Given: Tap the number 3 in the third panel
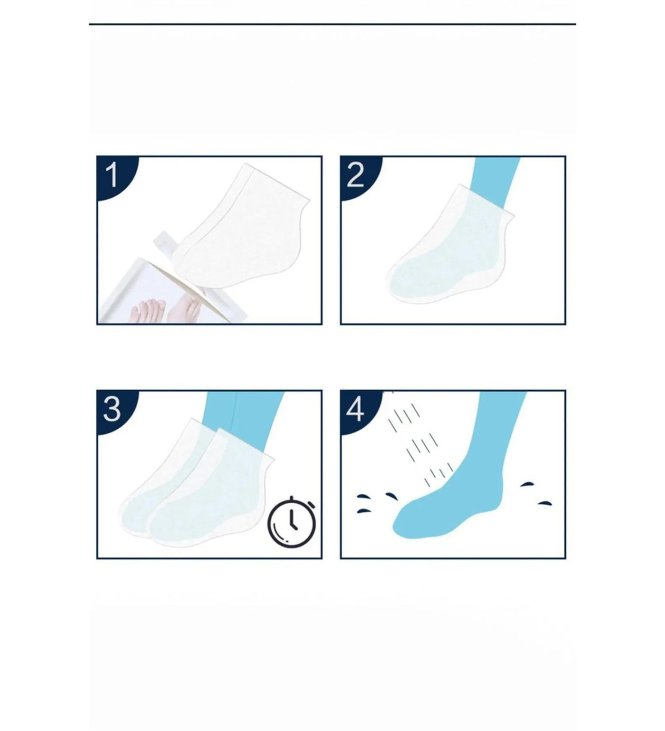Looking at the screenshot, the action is coord(112,409).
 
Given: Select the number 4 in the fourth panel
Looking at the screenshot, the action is coord(355,409).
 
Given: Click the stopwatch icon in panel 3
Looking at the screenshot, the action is coord(291,521).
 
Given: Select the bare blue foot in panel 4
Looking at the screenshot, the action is coord(448,509).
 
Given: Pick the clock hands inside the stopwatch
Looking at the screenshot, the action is coord(293,520).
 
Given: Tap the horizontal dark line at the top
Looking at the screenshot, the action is coord(332,24).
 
